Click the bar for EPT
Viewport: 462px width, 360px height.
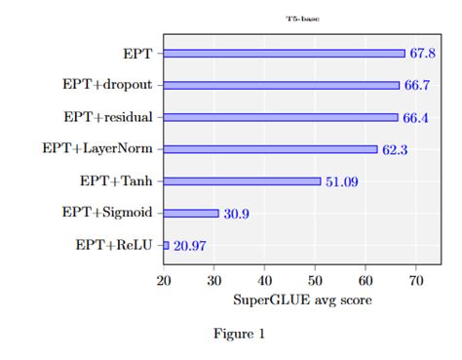coord(284,54)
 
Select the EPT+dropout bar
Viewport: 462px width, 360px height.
coord(282,85)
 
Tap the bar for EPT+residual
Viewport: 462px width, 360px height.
coord(281,117)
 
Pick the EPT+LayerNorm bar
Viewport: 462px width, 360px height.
coord(270,149)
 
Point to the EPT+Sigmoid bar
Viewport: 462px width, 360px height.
coord(191,213)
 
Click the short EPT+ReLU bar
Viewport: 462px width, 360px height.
coord(167,245)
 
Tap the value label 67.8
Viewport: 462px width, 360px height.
coord(421,54)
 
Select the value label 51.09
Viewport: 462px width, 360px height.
coord(342,181)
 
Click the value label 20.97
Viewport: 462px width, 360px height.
coord(189,246)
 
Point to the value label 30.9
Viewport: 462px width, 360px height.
coord(236,214)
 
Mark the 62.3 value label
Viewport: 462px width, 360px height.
coord(394,150)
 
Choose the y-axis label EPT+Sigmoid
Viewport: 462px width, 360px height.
coord(107,213)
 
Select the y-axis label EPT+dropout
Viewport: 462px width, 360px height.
coord(108,85)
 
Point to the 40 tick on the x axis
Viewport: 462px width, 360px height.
coord(264,281)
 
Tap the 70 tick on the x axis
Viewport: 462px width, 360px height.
coord(416,281)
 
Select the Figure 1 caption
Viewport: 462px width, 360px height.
coord(239,335)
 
